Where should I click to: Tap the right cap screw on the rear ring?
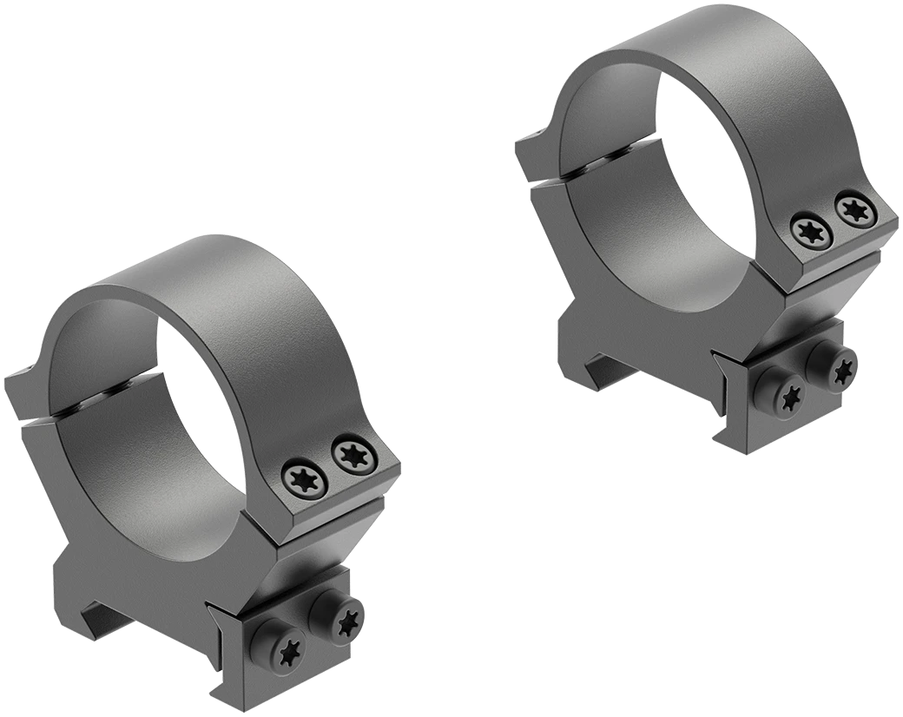851,209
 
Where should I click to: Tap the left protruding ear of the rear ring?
530,152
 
